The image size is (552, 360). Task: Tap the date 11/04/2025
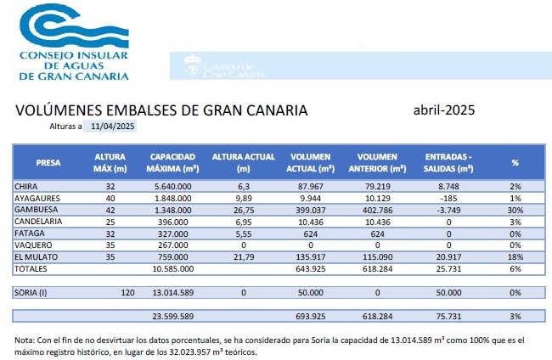pos(114,127)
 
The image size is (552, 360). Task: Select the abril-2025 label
pos(443,110)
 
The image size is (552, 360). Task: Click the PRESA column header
pos(48,162)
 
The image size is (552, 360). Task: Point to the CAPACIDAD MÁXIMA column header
pos(173,162)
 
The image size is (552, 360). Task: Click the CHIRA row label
pos(27,186)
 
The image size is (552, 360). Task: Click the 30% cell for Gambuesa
pos(514,210)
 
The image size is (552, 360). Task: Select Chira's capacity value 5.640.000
pos(173,186)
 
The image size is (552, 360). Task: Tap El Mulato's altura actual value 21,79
pos(244,256)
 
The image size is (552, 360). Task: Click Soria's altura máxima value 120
pos(129,292)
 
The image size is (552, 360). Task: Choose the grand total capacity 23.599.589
pos(173,316)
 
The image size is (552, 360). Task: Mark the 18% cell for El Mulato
pos(514,256)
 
